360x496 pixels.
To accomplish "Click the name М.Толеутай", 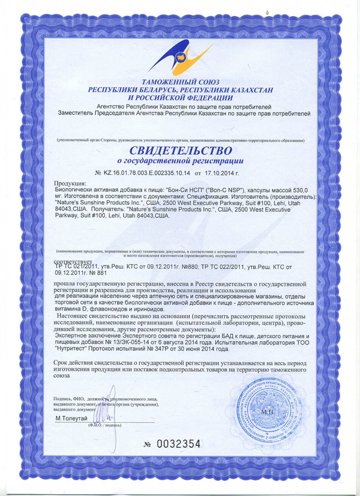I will click(73, 417).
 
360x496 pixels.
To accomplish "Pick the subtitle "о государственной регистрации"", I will click(180, 160).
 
